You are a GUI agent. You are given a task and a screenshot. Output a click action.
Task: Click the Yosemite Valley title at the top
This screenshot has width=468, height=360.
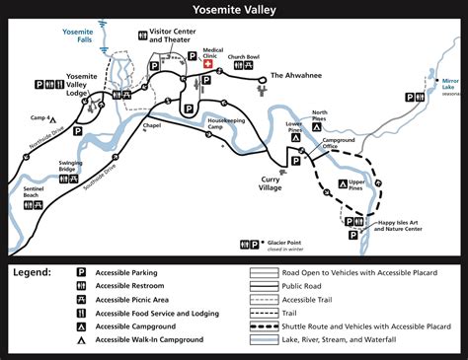pyautogui.click(x=234, y=11)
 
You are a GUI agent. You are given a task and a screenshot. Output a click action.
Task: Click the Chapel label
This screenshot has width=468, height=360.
pyautogui.click(x=151, y=126)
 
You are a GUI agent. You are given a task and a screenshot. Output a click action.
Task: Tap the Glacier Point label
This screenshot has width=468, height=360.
pyautogui.click(x=286, y=243)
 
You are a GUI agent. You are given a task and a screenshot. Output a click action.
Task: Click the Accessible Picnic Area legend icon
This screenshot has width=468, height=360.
pyautogui.click(x=82, y=298)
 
